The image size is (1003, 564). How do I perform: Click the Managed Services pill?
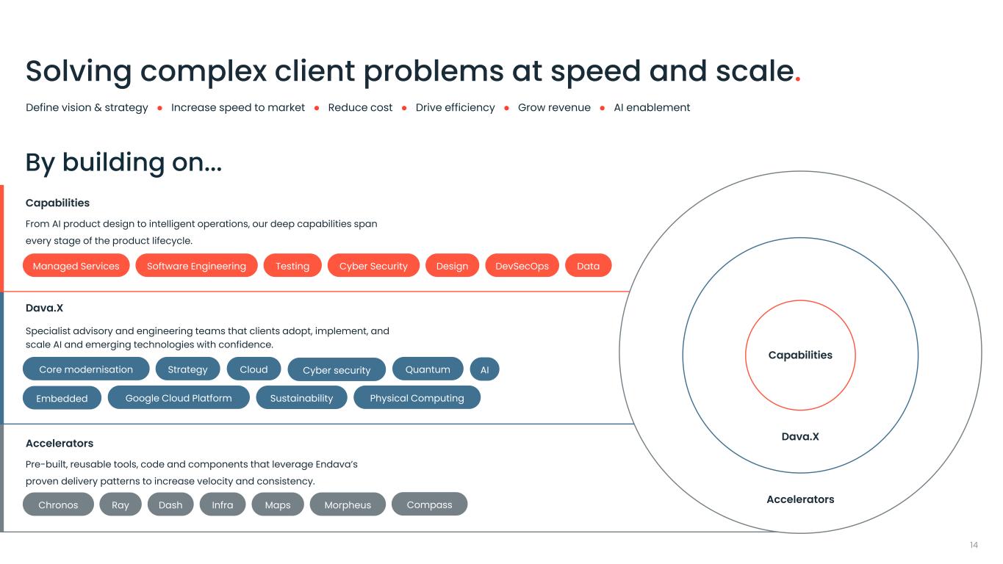tap(76, 266)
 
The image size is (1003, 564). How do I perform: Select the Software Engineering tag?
tap(196, 266)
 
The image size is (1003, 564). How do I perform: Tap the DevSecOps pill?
tap(522, 266)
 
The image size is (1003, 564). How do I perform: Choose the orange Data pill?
tap(588, 266)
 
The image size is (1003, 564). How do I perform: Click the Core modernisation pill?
tap(86, 369)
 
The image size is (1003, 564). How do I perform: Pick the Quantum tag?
tap(428, 369)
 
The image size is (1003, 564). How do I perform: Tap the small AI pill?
tap(484, 369)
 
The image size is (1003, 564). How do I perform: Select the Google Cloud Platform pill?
tap(179, 398)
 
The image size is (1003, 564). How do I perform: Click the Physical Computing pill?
tap(417, 398)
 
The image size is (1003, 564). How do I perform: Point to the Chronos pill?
tap(58, 505)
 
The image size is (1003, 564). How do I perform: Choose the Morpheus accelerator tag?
tap(348, 505)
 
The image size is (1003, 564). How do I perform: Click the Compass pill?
tap(429, 505)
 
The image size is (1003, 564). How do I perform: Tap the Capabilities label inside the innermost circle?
tap(800, 355)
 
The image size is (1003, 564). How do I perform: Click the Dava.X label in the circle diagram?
tap(800, 437)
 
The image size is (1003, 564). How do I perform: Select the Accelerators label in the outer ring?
tap(800, 499)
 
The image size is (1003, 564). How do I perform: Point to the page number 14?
tap(974, 545)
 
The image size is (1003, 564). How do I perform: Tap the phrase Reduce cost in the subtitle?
tap(360, 108)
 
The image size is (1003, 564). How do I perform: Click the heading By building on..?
tap(123, 162)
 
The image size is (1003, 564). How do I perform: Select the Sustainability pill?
tap(301, 398)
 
